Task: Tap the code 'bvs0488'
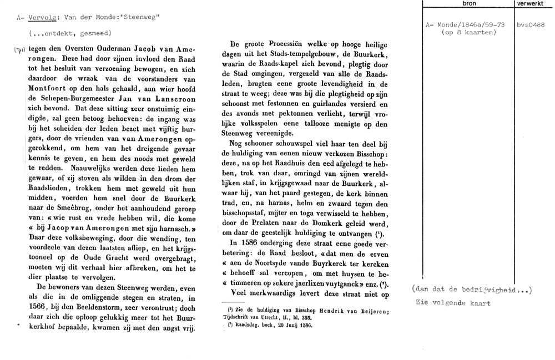[529, 25]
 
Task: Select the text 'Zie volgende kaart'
[453, 303]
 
